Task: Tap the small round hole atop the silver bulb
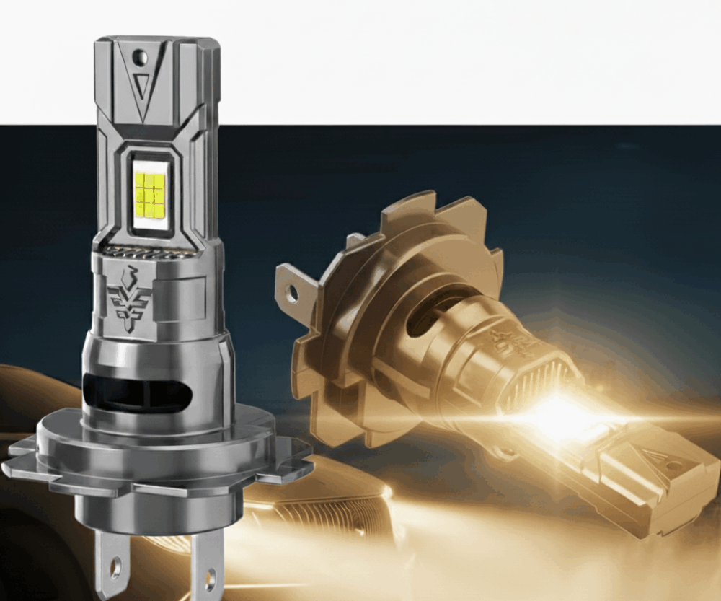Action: pyautogui.click(x=141, y=56)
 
